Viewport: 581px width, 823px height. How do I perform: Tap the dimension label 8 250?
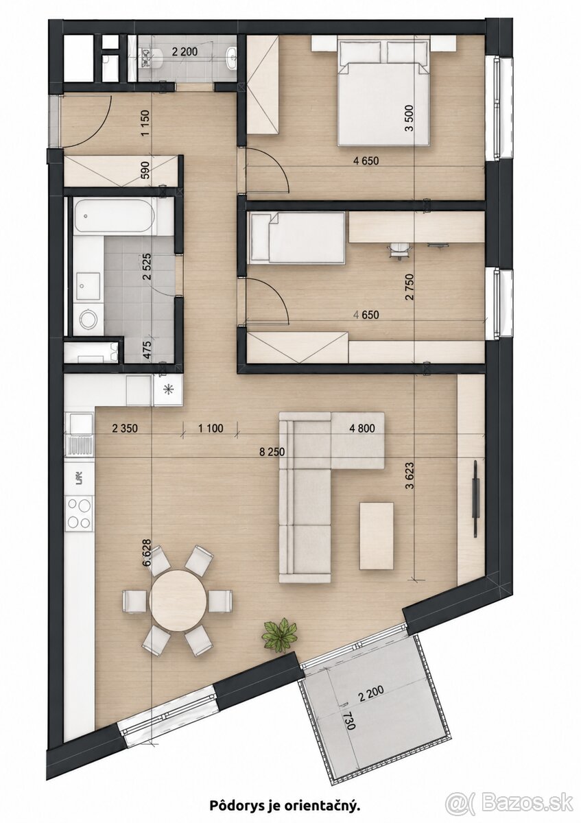coord(272,452)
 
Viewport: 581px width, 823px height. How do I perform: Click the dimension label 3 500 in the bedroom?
coord(410,117)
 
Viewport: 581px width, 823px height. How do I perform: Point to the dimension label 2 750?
coord(410,287)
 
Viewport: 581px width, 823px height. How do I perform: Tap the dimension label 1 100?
coord(211,429)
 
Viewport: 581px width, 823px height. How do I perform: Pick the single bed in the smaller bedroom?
coord(296,238)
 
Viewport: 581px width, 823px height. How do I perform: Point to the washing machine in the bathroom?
coord(88,318)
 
